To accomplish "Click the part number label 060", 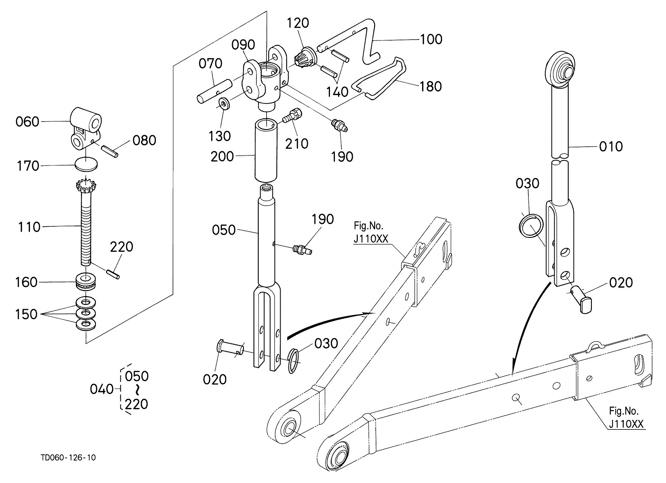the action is point(27,122).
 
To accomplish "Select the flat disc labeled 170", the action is point(86,164).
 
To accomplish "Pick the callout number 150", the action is point(26,314).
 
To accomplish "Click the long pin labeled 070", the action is point(215,91).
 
